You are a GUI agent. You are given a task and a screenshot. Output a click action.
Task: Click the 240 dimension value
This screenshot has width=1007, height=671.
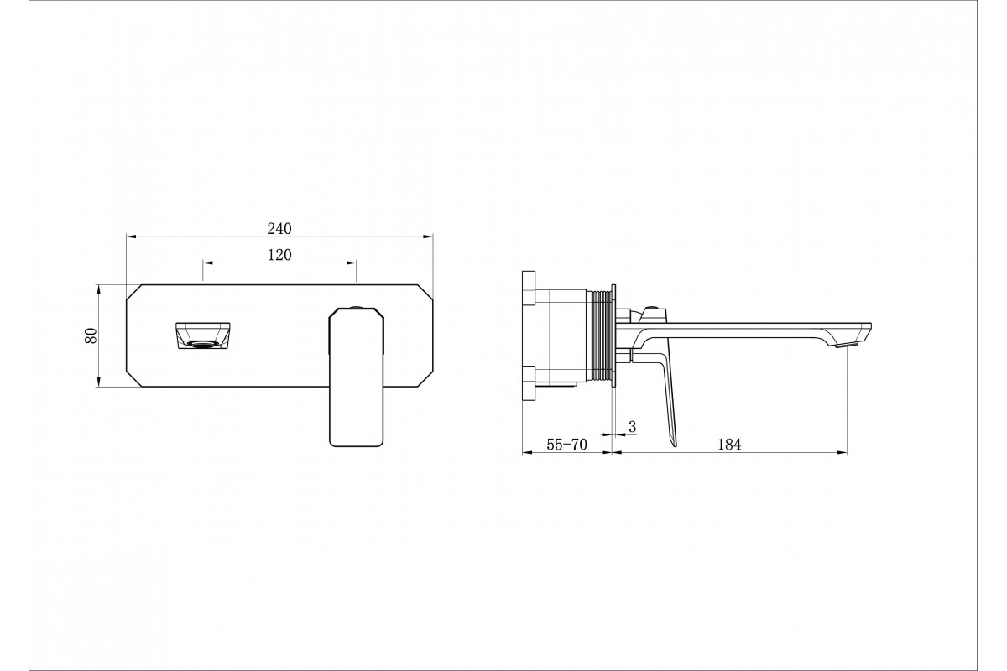click(279, 229)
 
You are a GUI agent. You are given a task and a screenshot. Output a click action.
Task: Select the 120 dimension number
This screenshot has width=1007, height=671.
click(279, 255)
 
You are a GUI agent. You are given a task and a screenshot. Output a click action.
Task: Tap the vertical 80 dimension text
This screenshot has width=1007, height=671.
click(91, 335)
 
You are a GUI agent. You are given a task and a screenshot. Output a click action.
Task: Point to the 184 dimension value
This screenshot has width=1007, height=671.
click(729, 444)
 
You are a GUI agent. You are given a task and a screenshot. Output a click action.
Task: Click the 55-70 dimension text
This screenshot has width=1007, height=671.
click(567, 444)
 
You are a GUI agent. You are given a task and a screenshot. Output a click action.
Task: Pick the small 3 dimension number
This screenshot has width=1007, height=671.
click(633, 427)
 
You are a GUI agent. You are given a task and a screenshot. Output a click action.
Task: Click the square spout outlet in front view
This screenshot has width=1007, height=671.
click(204, 335)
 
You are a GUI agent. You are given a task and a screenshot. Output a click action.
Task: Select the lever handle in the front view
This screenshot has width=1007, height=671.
click(357, 377)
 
